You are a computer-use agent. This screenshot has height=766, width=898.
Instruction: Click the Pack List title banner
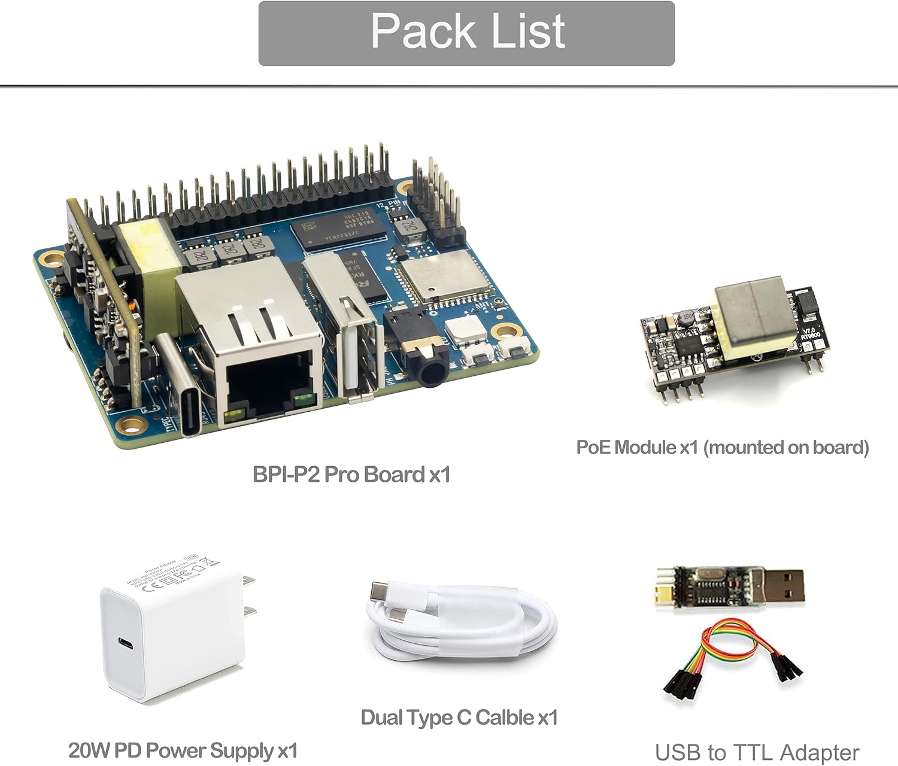coord(466,33)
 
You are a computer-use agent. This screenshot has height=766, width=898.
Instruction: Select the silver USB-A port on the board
coord(353,335)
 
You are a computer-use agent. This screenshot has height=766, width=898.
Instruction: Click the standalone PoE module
coord(736,338)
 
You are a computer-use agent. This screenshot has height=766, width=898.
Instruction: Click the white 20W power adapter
coord(174,634)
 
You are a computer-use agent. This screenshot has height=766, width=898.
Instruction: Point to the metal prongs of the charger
coord(248,595)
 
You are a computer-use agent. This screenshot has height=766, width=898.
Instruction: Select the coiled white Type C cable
coord(461,622)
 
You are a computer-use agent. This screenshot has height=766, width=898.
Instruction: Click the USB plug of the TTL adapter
coord(778,586)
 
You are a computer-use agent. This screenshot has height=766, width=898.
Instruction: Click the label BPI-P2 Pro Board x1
coord(351,475)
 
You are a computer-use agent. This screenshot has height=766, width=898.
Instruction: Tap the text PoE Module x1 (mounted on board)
coord(722,447)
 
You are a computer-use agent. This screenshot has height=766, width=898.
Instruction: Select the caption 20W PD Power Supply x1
coord(183,750)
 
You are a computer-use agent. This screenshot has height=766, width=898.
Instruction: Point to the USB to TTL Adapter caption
coord(757,752)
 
